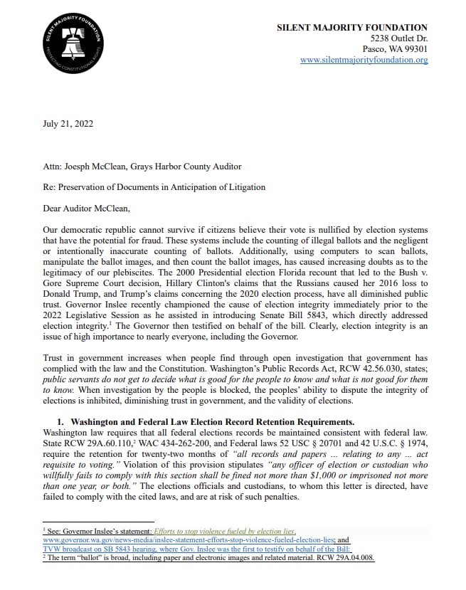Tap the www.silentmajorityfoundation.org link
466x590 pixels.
pyautogui.click(x=364, y=60)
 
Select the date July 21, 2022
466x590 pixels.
pyautogui.click(x=68, y=123)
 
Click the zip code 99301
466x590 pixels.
pyautogui.click(x=412, y=49)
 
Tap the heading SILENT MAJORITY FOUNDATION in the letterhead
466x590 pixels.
pyautogui.click(x=352, y=27)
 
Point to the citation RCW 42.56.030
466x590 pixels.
pyautogui.click(x=345, y=360)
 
